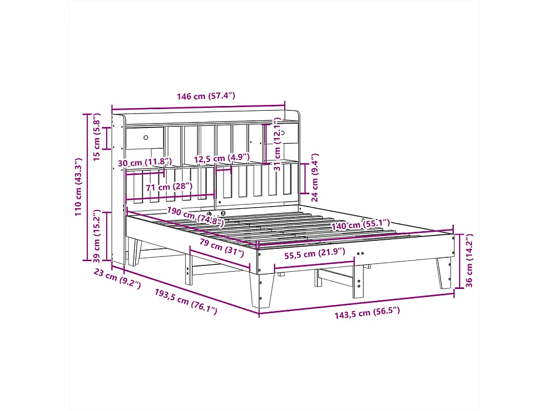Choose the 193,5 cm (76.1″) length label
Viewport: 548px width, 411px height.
point(186,302)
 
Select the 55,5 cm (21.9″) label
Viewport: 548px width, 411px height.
point(315,255)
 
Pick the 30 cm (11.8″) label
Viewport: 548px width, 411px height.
point(144,162)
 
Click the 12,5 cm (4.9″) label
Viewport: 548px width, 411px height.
point(222,158)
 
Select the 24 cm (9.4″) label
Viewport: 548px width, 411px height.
point(315,173)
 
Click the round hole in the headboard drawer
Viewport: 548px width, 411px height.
point(146,138)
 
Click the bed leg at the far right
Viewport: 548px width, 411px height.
point(444,273)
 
